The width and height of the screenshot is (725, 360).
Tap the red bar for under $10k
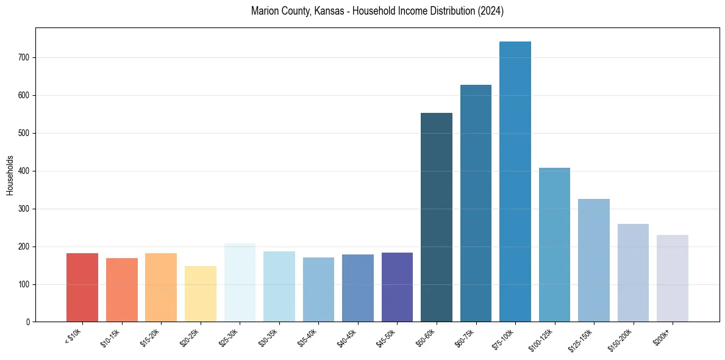(82, 287)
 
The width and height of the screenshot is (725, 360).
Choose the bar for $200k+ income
(673, 278)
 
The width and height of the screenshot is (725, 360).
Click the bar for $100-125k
(554, 245)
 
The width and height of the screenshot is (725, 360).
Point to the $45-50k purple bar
(397, 287)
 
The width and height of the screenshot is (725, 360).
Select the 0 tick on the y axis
(30, 322)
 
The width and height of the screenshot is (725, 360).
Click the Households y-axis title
(10, 175)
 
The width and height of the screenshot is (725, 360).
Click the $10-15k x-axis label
(111, 337)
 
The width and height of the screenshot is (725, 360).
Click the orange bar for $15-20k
(161, 287)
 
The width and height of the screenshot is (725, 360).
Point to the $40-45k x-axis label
(347, 337)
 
